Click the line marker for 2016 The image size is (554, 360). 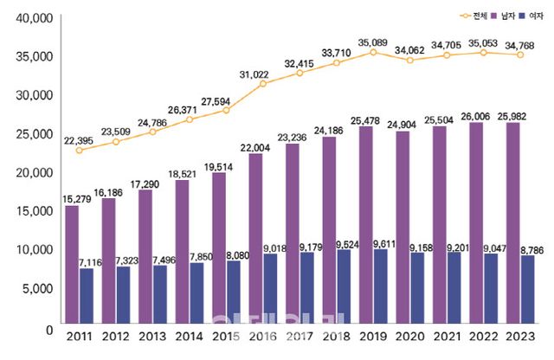tap(263, 84)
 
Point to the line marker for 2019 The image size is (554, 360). tap(374, 52)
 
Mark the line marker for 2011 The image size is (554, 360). tap(80, 150)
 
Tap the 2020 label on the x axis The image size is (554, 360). tap(411, 336)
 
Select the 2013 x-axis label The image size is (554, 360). tap(152, 336)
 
